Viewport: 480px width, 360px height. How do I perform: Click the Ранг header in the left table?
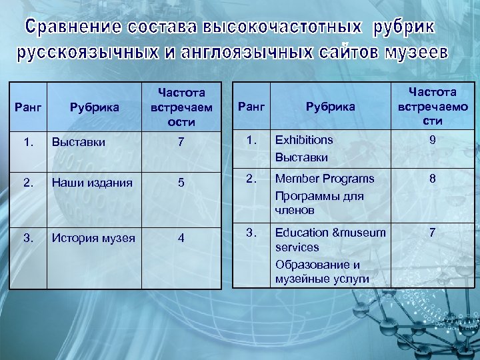point(27,107)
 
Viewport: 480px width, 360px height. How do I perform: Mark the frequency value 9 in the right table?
point(433,140)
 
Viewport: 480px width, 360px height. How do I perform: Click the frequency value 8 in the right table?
point(433,179)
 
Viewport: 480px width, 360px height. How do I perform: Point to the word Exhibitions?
point(304,140)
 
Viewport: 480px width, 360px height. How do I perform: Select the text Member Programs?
point(325,179)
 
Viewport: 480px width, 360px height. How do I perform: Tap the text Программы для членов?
point(319,203)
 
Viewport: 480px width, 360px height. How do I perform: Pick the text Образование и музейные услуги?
point(322,271)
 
